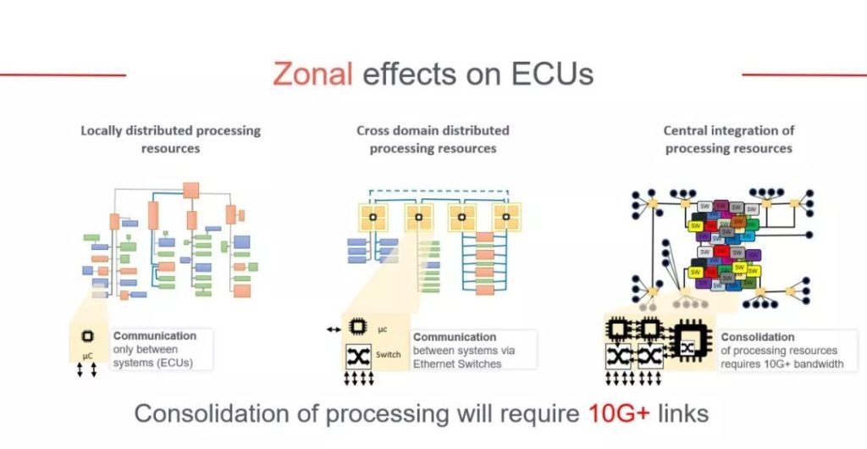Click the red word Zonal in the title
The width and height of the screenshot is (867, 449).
point(312,75)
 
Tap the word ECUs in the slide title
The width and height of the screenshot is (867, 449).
point(552,75)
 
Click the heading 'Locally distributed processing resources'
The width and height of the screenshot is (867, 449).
point(170,139)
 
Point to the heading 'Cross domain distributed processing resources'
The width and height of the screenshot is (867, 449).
point(433,139)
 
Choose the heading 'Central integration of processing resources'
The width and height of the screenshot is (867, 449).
point(728,139)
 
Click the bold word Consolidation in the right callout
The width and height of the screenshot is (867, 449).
point(758,336)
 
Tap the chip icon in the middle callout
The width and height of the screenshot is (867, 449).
point(358,326)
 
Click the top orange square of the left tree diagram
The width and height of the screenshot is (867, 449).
point(191,190)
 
